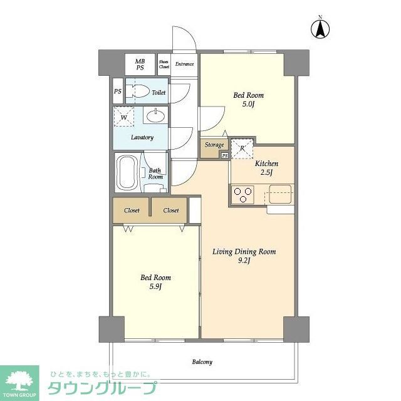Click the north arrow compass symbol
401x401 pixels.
point(321,28)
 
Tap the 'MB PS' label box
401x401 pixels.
point(140,64)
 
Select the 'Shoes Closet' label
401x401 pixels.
point(164,64)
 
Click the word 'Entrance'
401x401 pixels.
point(184,64)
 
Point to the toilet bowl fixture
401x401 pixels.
point(142,92)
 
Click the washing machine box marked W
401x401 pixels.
point(124,117)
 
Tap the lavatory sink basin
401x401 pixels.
point(154,116)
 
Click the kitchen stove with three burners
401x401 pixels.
point(242,194)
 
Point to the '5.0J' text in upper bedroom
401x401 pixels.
point(248,105)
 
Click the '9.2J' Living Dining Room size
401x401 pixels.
point(244,261)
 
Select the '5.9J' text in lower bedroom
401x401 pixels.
point(155,286)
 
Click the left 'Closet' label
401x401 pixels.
point(132,211)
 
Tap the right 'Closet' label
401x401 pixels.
point(171,211)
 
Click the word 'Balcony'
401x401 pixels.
point(202,362)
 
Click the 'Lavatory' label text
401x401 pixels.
point(142,137)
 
